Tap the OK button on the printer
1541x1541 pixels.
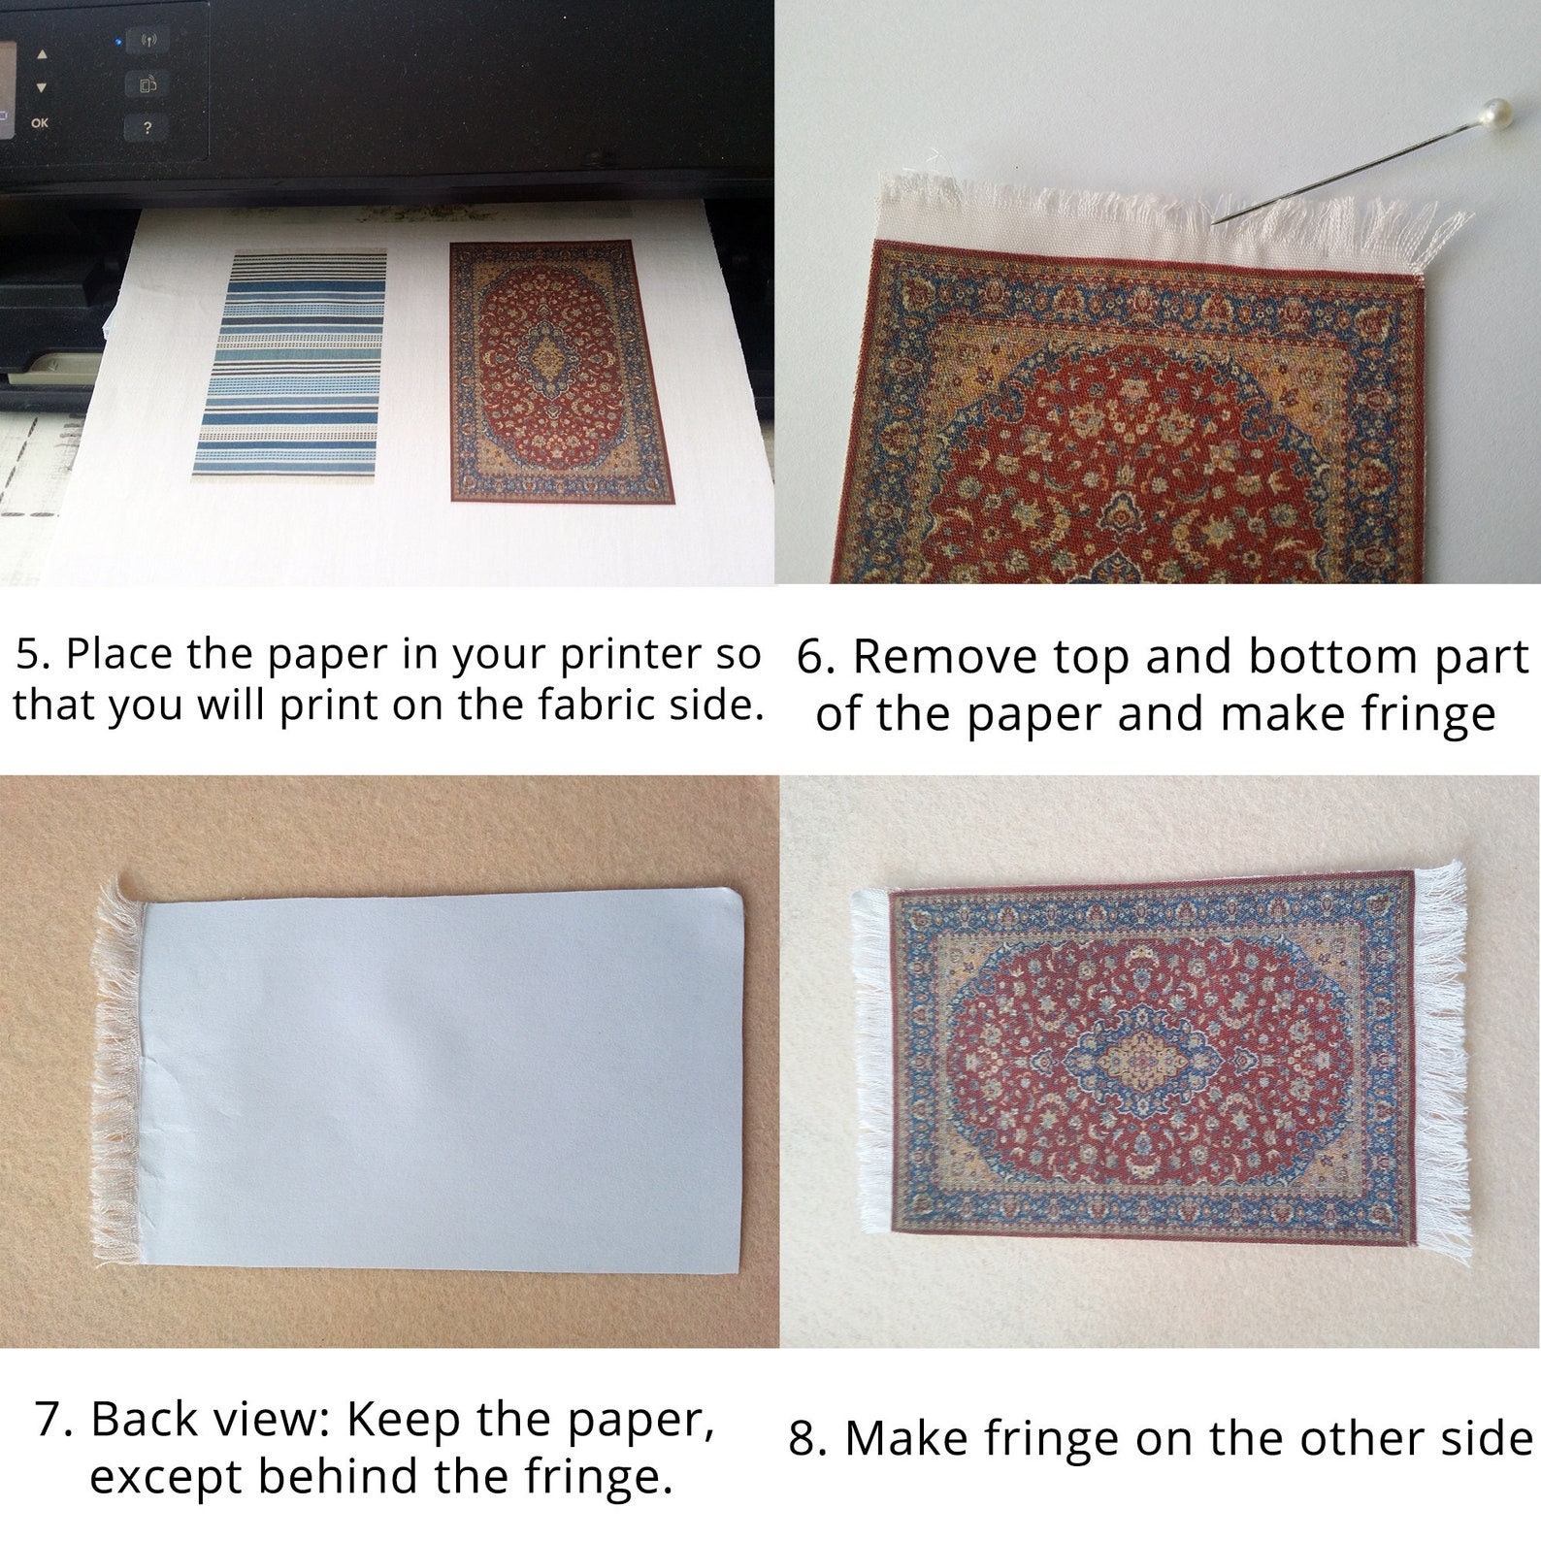tap(40, 123)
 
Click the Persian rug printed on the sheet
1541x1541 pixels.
tap(560, 371)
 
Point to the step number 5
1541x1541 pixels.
tap(32, 654)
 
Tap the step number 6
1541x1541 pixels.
tap(815, 658)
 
